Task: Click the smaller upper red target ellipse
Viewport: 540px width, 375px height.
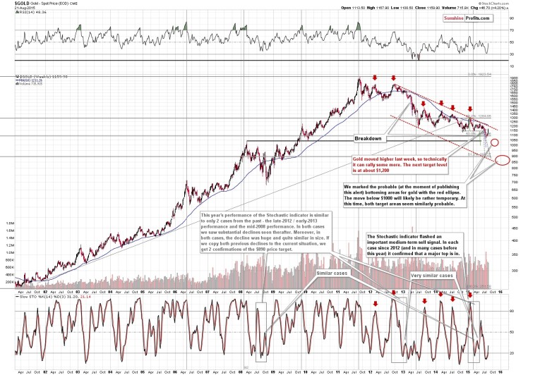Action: (x=495, y=143)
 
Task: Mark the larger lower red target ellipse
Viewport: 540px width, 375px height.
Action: (x=502, y=161)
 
